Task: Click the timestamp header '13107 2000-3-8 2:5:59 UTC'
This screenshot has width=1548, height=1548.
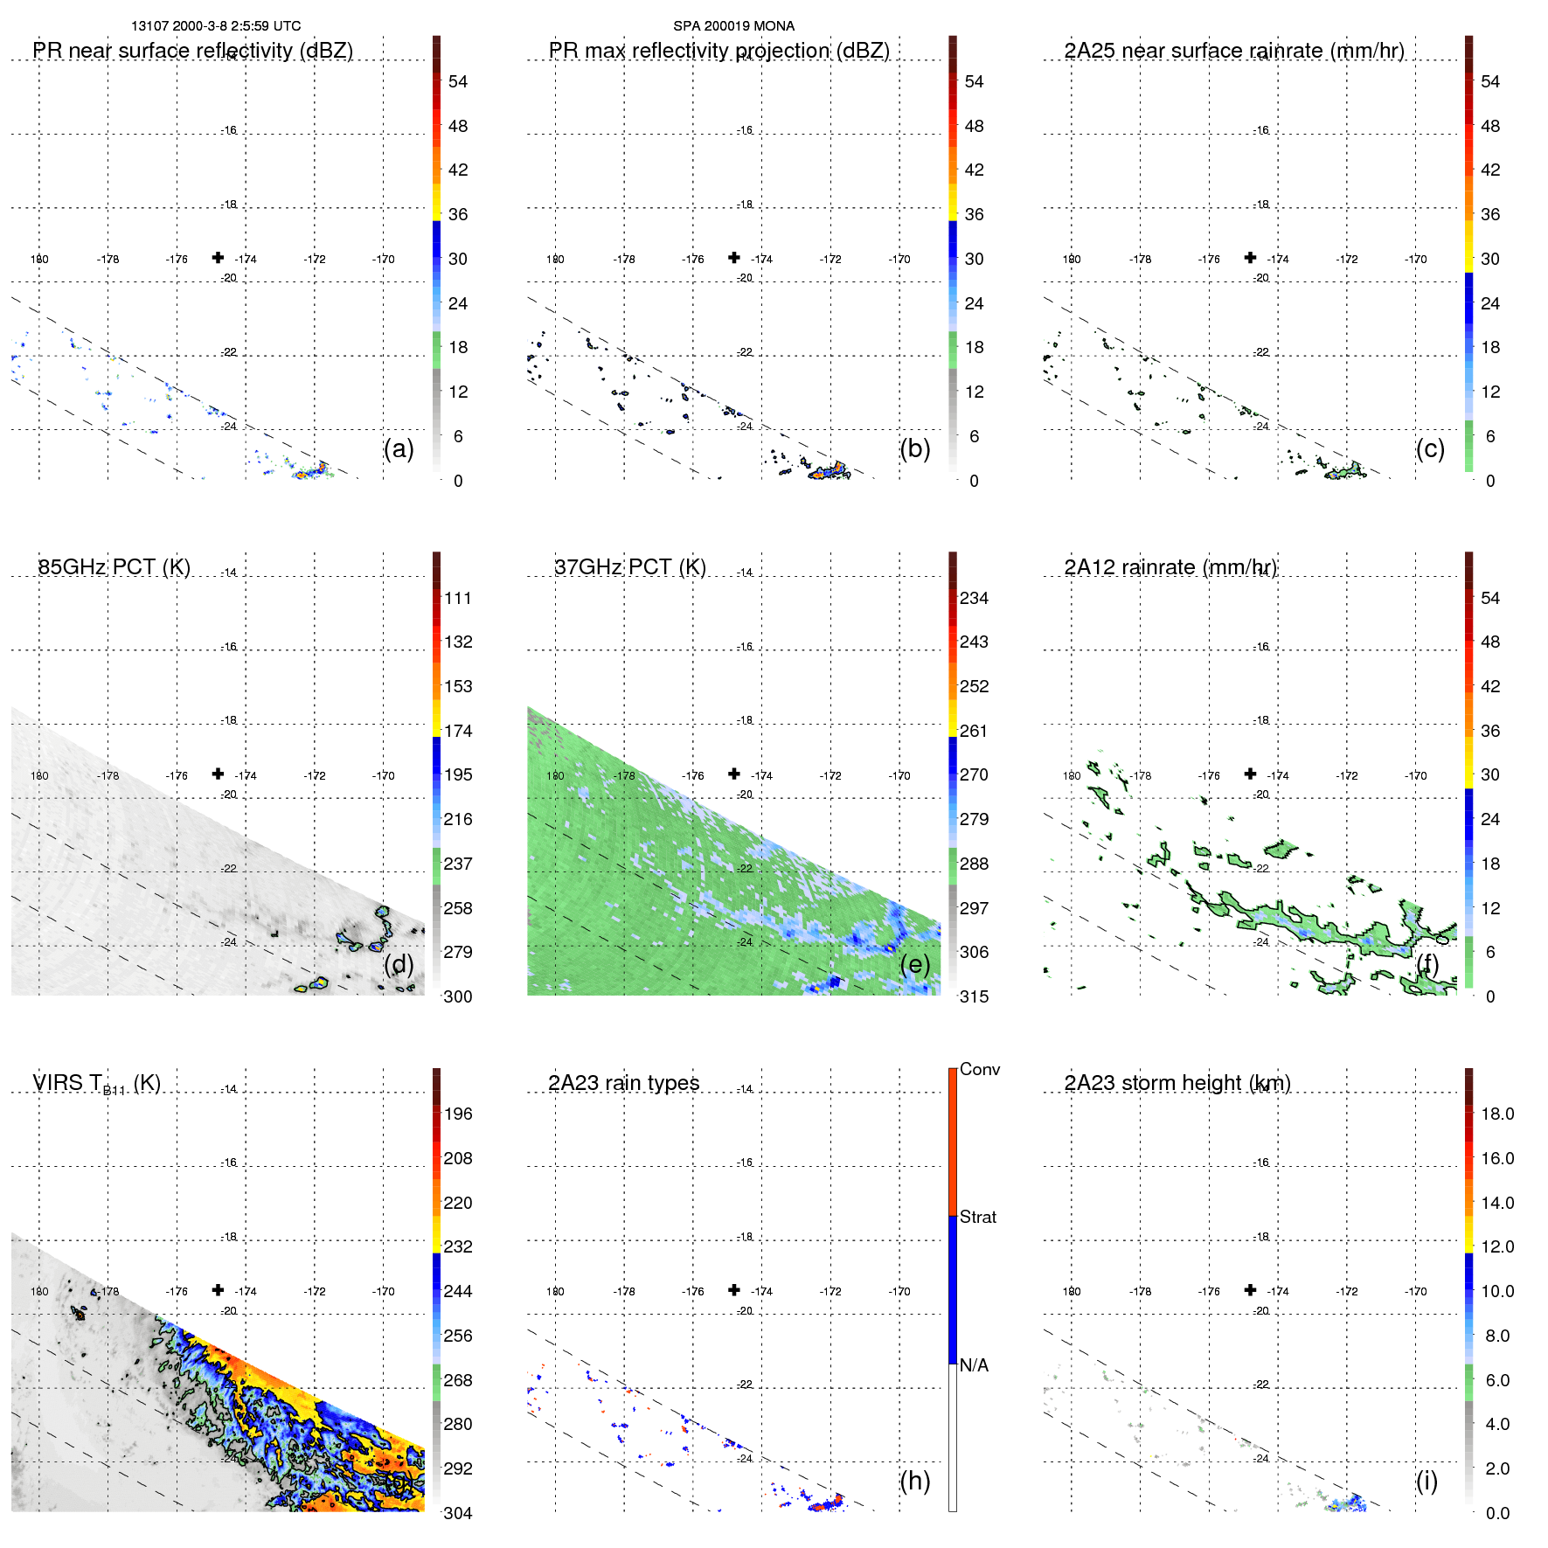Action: coord(216,26)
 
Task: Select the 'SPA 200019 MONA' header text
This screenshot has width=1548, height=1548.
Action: coord(733,26)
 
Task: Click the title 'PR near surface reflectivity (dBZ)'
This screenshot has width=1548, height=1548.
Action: coord(192,51)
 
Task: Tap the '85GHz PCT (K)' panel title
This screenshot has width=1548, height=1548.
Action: coord(114,567)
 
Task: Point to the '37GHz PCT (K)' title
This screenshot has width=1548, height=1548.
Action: coord(629,567)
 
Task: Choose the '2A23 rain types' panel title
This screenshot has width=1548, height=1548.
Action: coord(623,1083)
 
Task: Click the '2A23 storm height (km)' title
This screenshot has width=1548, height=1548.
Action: coord(1177,1083)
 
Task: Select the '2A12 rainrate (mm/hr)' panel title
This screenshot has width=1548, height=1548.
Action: coord(1170,567)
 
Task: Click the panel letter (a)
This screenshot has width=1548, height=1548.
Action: coord(399,448)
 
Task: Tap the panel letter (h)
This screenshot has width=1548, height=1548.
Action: coord(914,1481)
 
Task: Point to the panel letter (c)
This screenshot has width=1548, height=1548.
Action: coord(1430,448)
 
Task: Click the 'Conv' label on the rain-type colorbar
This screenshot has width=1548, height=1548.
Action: coord(979,1069)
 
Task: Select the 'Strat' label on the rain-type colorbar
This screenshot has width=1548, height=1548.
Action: coord(977,1217)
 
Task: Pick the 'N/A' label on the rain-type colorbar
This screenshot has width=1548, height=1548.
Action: coord(974,1365)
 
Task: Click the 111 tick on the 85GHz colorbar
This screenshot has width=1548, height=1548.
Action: coord(457,598)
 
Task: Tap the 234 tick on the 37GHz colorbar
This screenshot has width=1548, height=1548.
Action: coord(974,598)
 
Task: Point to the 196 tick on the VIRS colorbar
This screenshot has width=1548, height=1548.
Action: coord(457,1114)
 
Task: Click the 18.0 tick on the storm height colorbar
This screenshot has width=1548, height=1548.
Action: coord(1496,1114)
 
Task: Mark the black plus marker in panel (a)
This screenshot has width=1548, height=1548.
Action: coord(218,257)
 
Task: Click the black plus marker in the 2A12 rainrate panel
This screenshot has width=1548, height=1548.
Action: coord(1250,774)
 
